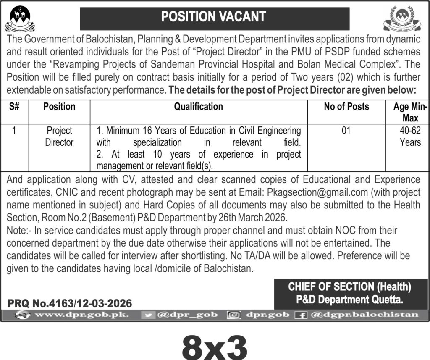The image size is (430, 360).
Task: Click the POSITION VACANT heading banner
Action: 215,17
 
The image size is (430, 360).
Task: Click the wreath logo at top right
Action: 401,19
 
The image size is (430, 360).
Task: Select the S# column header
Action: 14,107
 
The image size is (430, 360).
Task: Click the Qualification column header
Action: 199,107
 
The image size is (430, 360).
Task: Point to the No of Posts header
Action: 346,107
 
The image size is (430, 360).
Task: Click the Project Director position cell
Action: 59,137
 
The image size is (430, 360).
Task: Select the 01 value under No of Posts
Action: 346,131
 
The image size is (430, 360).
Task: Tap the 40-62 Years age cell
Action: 410,137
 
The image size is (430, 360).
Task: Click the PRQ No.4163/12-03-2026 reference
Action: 69,303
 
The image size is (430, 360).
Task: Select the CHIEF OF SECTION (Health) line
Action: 349,287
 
